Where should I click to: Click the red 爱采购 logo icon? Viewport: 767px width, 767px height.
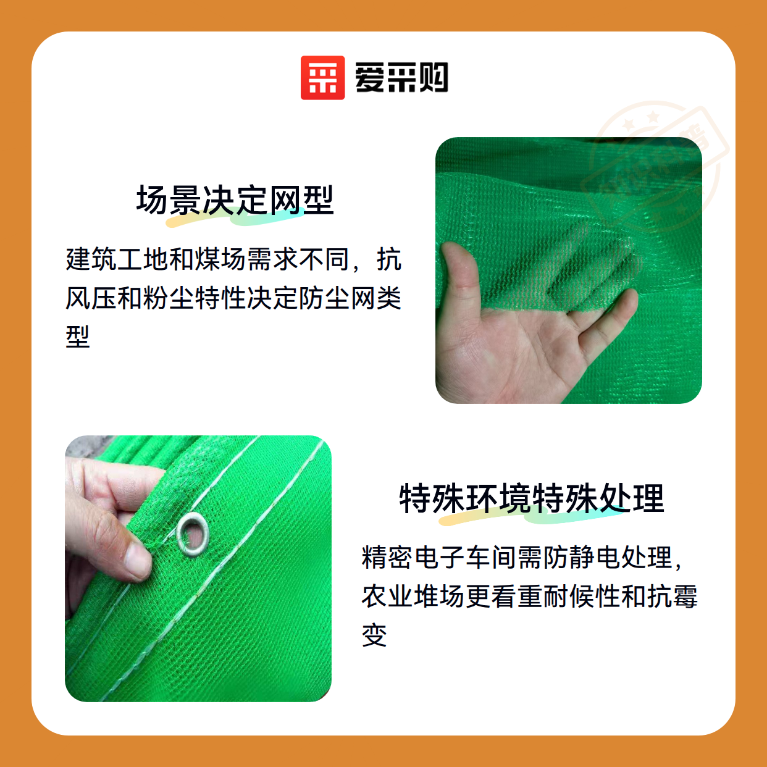click(x=322, y=78)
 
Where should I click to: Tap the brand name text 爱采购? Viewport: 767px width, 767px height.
click(x=401, y=78)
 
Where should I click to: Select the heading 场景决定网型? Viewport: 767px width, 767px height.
click(x=235, y=200)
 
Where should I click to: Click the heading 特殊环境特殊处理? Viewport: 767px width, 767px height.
click(x=532, y=498)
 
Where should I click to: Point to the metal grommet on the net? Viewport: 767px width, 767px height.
click(x=193, y=534)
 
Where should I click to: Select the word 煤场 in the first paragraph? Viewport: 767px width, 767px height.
click(x=221, y=259)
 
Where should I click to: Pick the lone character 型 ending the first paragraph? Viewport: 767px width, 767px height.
click(x=78, y=337)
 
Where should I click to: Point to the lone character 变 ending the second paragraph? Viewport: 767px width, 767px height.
click(x=374, y=635)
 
